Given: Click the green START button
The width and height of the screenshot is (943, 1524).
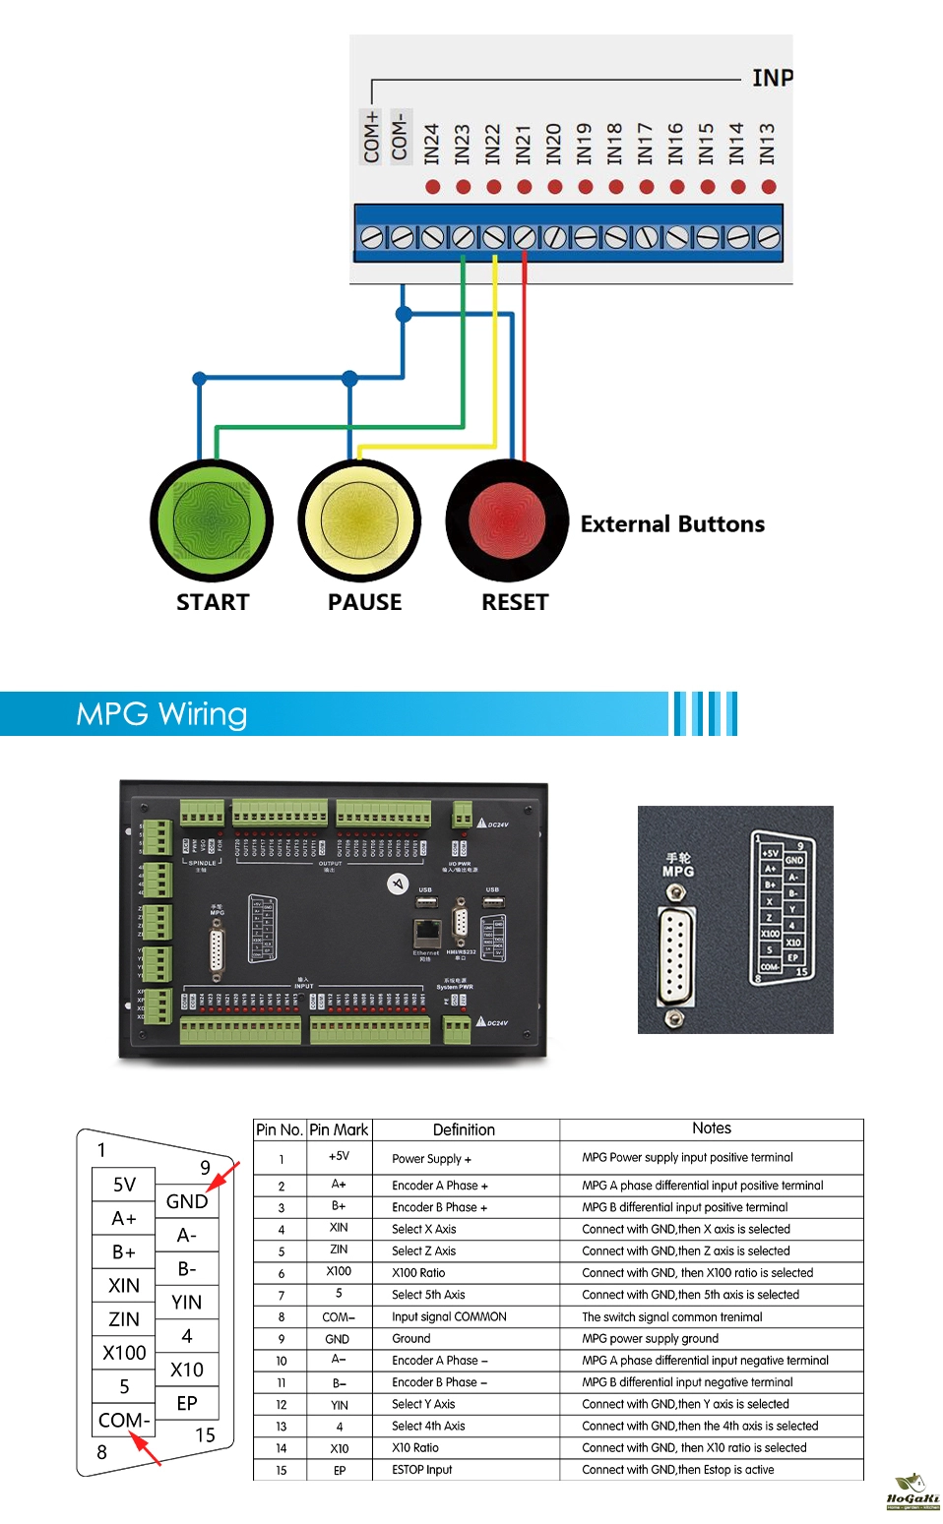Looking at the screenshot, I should pos(212,519).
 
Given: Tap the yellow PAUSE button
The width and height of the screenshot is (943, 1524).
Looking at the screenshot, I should pos(360,519).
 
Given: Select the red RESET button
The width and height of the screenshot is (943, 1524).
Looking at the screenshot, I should pos(507,519).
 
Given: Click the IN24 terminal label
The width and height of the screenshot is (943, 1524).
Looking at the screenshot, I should pos(432,144).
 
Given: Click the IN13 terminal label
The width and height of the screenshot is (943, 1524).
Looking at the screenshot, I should pos(768,144).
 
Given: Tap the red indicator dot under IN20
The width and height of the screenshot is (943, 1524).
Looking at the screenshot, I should pos(555,187).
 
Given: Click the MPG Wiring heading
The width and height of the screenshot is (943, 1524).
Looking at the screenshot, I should pos(161,714).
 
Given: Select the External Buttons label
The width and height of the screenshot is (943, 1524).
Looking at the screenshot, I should pos(672,524).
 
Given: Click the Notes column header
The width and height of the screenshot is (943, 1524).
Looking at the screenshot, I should pos(711,1128).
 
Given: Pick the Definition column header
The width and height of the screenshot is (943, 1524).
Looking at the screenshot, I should pos(464,1129).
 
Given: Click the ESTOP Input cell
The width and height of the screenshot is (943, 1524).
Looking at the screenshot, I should pos(422,1470).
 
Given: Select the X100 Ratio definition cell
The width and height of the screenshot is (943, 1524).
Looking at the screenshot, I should pos(418,1273).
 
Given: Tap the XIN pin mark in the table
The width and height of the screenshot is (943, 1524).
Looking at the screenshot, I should pos(339,1228).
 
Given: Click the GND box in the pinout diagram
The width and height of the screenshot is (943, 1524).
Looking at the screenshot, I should pos(187,1201).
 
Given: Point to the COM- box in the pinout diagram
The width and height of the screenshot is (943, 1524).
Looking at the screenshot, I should pos(124,1420).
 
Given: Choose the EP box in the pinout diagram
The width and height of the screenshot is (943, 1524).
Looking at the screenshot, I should pos(187,1403).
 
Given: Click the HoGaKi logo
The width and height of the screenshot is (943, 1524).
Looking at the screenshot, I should pos(912,1494).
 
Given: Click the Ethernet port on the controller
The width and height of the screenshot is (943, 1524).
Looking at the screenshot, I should pos(426,931).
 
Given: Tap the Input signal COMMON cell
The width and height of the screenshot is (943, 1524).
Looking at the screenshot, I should pos(449,1317).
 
